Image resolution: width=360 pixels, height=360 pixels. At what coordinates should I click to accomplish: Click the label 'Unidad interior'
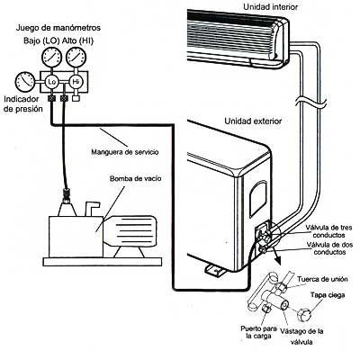(x=270, y=6)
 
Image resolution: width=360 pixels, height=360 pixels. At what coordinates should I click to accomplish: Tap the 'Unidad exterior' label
(x=253, y=121)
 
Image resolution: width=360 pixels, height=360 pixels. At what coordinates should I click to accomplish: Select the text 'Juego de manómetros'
(x=58, y=28)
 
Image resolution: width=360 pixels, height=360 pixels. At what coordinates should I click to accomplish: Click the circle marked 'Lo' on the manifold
(x=51, y=82)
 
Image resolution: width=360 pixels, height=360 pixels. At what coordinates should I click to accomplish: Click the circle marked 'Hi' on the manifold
(x=76, y=82)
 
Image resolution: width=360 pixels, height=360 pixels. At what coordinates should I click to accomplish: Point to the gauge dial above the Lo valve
(x=52, y=56)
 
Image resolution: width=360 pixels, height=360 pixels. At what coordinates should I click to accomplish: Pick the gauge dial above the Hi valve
(x=76, y=56)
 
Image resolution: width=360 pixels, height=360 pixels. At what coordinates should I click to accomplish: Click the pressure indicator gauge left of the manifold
(x=24, y=82)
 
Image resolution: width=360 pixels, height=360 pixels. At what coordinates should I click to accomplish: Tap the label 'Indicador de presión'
(x=22, y=104)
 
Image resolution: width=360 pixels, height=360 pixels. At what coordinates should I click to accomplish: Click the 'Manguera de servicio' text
(x=125, y=152)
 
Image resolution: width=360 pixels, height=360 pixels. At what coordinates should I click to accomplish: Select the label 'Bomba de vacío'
(x=135, y=179)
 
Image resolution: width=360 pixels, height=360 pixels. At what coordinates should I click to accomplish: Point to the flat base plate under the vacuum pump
(x=103, y=262)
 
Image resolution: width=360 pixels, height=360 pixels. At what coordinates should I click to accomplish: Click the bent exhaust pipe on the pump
(x=91, y=208)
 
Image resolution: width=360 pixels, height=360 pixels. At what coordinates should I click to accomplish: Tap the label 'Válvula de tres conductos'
(x=328, y=231)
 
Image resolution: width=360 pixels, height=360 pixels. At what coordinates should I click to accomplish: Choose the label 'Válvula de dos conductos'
(x=329, y=248)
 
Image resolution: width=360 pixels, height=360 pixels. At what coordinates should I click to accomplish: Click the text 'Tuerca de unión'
(x=322, y=279)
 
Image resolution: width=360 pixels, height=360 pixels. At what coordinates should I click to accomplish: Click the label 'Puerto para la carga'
(x=258, y=332)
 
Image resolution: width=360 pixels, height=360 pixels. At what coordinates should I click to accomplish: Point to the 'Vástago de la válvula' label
(x=301, y=337)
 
